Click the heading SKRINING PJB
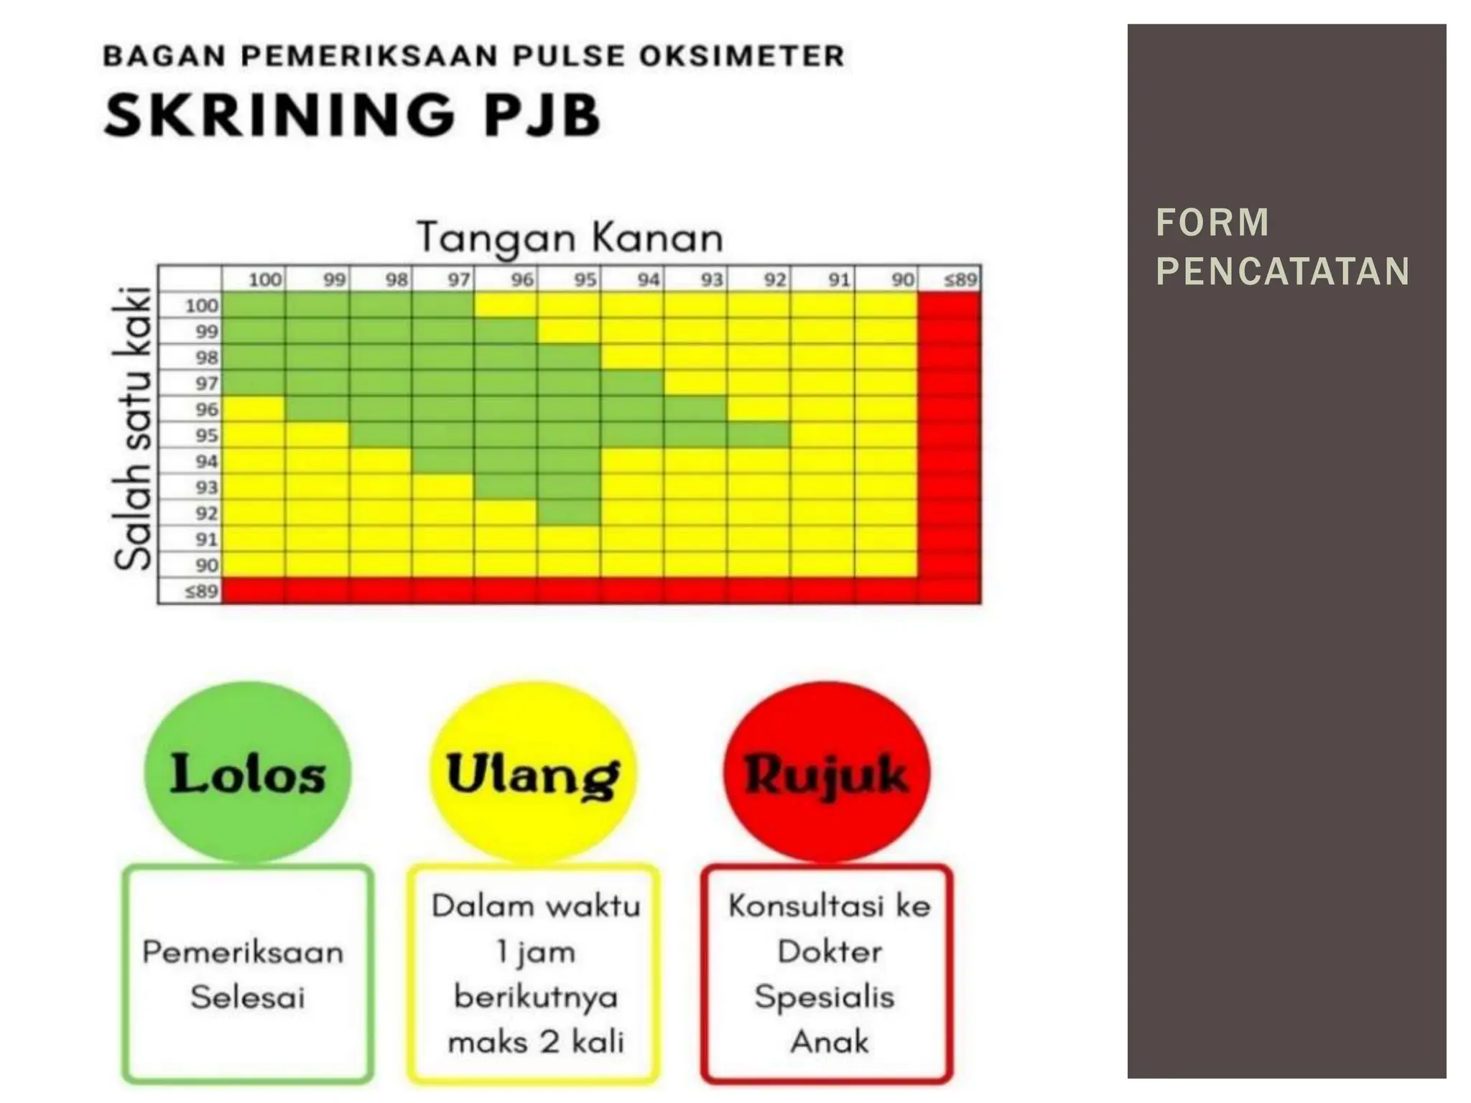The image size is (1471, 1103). click(x=352, y=115)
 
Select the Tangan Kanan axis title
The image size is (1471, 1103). click(x=570, y=238)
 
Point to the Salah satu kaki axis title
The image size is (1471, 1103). click(x=133, y=428)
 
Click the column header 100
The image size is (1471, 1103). click(x=264, y=279)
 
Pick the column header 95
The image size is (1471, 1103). click(x=585, y=279)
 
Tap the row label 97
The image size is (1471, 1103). click(x=206, y=383)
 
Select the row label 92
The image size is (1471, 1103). click(x=206, y=513)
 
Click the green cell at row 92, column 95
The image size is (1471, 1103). click(x=569, y=513)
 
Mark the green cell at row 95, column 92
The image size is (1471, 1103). click(x=758, y=435)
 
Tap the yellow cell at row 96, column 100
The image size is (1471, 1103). click(x=254, y=409)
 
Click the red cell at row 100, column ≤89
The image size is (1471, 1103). click(x=949, y=305)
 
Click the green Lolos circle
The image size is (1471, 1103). click(x=248, y=772)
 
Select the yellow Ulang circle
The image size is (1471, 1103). click(x=533, y=772)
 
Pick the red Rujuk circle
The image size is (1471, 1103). click(x=826, y=772)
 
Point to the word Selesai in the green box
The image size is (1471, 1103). click(x=248, y=997)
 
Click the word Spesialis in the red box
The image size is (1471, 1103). click(x=825, y=997)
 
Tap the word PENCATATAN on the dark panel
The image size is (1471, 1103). click(x=1283, y=271)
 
